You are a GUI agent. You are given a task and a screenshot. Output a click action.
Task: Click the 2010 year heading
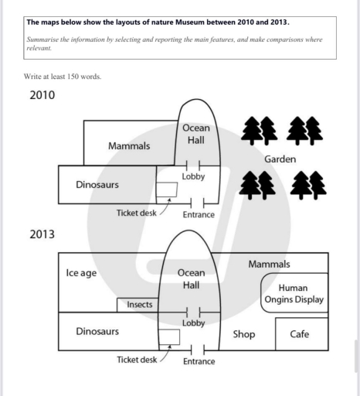(42, 95)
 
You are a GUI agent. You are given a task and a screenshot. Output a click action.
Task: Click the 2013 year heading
(42, 234)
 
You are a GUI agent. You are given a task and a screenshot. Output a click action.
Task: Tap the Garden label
(280, 159)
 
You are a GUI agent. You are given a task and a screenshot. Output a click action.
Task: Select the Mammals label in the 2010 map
(129, 146)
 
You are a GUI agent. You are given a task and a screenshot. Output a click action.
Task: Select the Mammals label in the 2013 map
(269, 264)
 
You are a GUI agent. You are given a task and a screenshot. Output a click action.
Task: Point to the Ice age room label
(81, 273)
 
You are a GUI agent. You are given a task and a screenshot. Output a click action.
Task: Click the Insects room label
(140, 305)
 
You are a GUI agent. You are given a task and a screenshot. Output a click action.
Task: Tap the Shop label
(244, 334)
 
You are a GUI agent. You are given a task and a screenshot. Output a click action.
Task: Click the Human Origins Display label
(294, 294)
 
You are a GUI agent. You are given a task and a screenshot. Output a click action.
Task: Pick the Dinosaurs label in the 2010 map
(97, 185)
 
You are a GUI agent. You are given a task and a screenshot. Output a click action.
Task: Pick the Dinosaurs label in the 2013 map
(97, 331)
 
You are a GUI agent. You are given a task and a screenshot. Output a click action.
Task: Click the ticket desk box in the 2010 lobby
(167, 189)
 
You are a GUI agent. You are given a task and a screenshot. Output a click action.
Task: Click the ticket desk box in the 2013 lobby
(169, 337)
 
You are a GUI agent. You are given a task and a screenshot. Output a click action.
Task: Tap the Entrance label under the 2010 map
(199, 214)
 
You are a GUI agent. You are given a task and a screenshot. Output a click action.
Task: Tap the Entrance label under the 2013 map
(199, 361)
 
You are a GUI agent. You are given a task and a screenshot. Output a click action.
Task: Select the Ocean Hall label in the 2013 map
(192, 279)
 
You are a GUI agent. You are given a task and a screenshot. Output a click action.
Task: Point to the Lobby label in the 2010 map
(193, 176)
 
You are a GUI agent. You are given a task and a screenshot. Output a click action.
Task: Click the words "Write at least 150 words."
(63, 77)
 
